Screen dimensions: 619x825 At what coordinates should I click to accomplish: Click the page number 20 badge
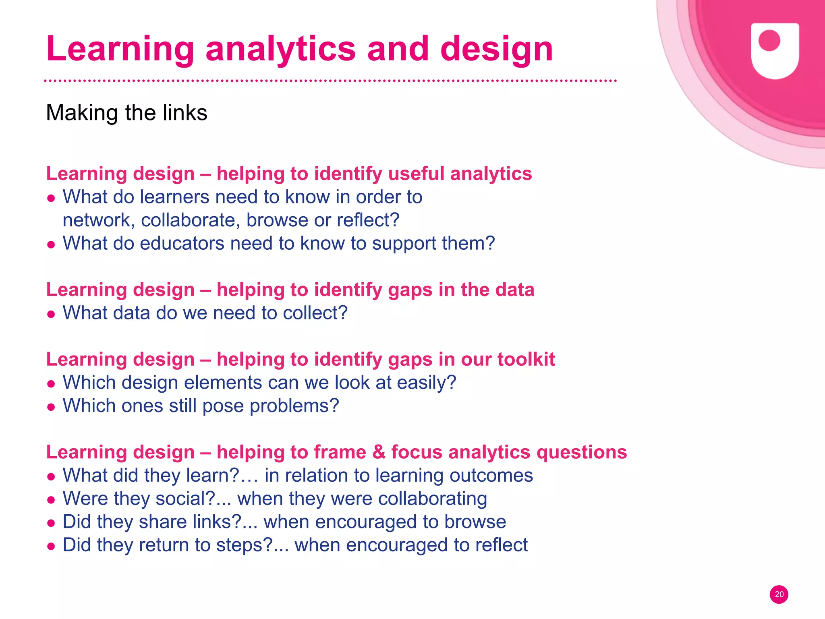779,594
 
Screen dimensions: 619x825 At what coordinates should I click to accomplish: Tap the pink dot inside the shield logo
769,41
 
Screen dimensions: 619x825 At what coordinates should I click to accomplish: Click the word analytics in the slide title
281,49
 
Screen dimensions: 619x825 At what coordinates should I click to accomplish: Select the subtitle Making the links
126,113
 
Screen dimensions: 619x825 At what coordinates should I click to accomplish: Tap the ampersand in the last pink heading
379,452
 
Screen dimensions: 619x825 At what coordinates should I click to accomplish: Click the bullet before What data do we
51,314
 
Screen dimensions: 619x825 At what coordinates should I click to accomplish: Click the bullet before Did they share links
51,523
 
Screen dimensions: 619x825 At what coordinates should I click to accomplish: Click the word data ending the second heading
514,290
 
